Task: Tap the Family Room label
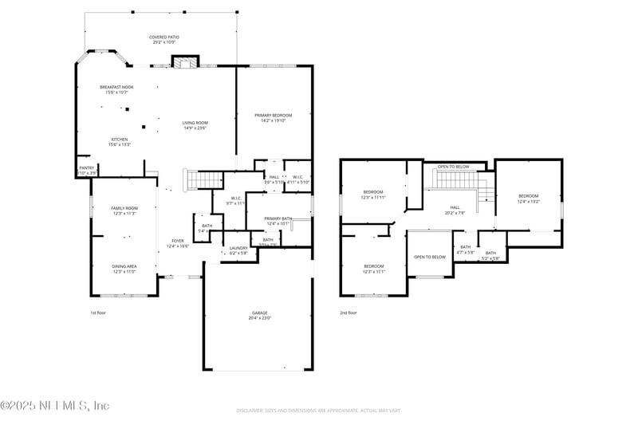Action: point(124,211)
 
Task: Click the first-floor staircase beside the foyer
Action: point(204,179)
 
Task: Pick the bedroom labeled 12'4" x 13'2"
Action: point(528,199)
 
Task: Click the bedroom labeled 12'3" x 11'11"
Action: point(373,194)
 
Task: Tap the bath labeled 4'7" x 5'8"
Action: point(465,250)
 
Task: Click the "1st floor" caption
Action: point(97,313)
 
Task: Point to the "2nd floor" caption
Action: point(349,313)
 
